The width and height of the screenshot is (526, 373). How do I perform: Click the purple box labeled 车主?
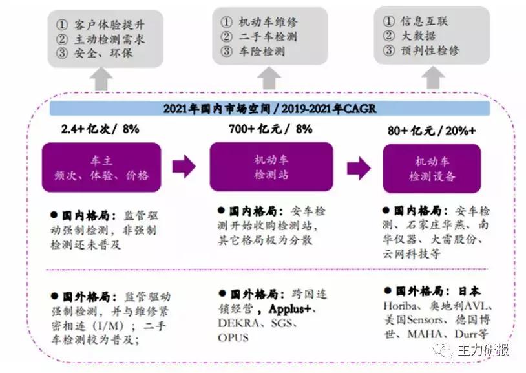point(101,167)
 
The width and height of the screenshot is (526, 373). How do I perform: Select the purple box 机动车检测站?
point(271,167)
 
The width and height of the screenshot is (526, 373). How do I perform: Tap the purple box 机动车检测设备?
point(432,168)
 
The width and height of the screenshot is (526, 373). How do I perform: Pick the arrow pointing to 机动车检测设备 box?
point(358,168)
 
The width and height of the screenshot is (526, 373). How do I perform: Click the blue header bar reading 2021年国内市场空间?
point(269,109)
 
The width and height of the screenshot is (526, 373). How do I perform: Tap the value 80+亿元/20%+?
point(431,130)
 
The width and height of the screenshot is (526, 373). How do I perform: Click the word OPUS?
point(233,337)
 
